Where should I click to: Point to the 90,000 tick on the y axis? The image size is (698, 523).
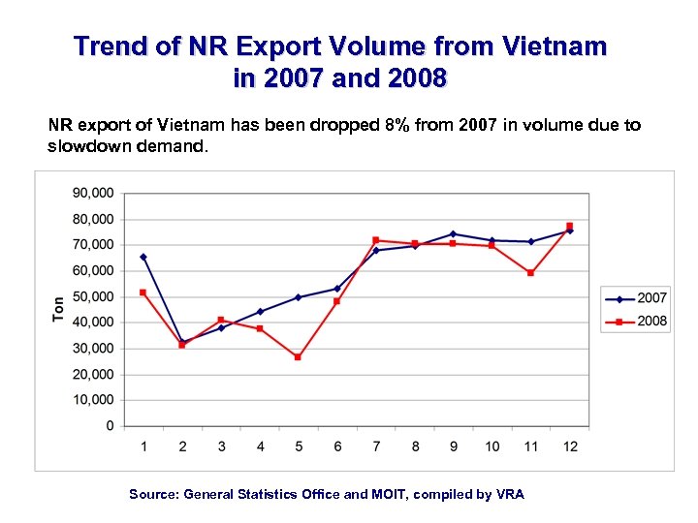(x=93, y=193)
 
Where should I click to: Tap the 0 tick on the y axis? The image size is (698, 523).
(x=109, y=426)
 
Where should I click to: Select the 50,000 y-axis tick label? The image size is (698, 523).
(x=93, y=296)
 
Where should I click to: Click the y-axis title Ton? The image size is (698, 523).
(x=59, y=309)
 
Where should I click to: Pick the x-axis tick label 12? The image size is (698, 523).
(x=569, y=446)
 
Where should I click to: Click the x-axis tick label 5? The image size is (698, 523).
(x=298, y=446)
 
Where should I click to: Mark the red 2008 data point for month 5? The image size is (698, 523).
(x=298, y=357)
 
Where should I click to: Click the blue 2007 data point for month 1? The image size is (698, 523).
(x=143, y=257)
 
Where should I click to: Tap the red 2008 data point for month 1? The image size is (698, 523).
(x=143, y=292)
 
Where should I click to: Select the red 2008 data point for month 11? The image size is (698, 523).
(x=530, y=273)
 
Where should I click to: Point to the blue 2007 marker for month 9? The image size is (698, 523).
(x=453, y=233)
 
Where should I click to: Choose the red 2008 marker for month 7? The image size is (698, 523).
(x=375, y=240)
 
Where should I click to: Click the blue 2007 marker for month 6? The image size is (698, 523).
(x=336, y=289)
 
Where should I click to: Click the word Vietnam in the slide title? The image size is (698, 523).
(x=557, y=46)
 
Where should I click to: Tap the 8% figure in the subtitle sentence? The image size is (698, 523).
(x=396, y=126)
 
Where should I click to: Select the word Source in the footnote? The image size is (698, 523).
(x=154, y=494)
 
